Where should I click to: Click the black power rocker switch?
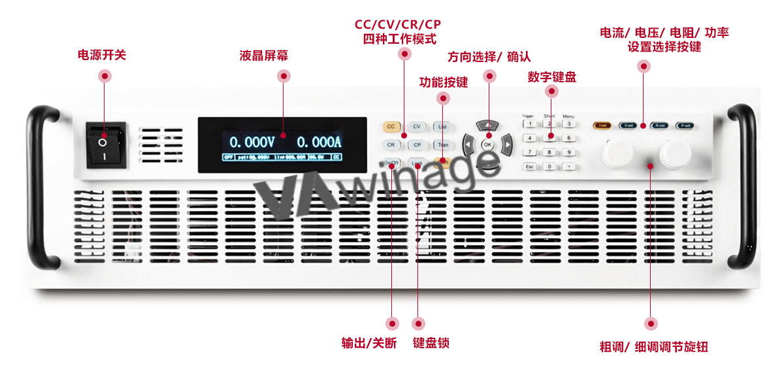pos(106,144)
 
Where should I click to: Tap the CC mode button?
pos(391,127)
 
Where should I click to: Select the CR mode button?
pos(391,145)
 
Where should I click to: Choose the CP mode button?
pos(417,145)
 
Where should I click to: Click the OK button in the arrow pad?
pos(487,144)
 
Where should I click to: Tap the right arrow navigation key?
pos(507,144)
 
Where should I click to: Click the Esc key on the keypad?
pos(531,167)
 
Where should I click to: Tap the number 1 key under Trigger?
pos(531,124)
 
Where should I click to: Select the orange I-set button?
pos(602,125)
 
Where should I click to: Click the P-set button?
pos(685,125)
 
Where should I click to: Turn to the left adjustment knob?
pos(617,152)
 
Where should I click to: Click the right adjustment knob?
pos(675,152)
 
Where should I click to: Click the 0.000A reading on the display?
pos(319,142)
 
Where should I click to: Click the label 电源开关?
pos(102,56)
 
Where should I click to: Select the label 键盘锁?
pos(431,343)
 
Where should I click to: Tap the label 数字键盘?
pos(552,77)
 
